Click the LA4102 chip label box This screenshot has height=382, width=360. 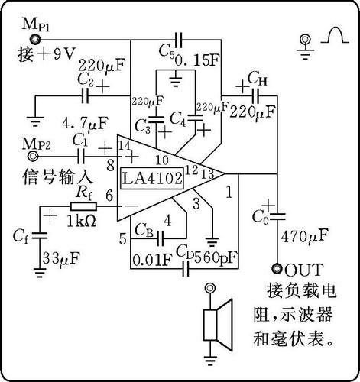pyautogui.click(x=152, y=178)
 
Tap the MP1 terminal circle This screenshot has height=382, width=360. pyautogui.click(x=34, y=39)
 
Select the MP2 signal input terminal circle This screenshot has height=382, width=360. pyautogui.click(x=33, y=156)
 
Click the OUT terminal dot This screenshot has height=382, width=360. pyautogui.click(x=277, y=268)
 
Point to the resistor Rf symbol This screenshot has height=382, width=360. pyautogui.click(x=83, y=206)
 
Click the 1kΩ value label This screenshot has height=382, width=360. pyautogui.click(x=82, y=222)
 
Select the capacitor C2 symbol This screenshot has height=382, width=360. pyautogui.click(x=85, y=95)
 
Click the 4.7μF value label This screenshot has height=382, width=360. pyautogui.click(x=85, y=124)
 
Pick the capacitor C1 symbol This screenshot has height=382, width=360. pyautogui.click(x=81, y=156)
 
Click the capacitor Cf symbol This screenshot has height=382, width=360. pyautogui.click(x=40, y=235)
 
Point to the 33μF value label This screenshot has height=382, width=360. pyautogui.click(x=61, y=258)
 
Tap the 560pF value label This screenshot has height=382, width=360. pyautogui.click(x=216, y=257)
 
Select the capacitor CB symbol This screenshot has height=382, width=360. pyautogui.click(x=160, y=238)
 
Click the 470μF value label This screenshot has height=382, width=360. pyautogui.click(x=304, y=237)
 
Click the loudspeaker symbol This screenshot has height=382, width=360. pyautogui.click(x=218, y=325)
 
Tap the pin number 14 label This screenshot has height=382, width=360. pyautogui.click(x=125, y=146)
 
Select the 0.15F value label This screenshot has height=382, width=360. pyautogui.click(x=196, y=60)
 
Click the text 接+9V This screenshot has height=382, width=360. pyautogui.click(x=47, y=54)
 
